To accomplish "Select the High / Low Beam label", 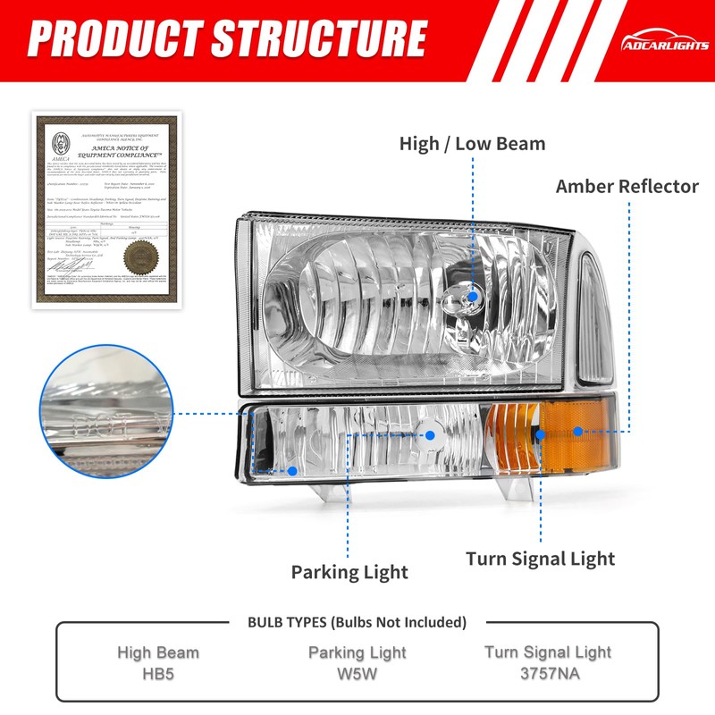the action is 472,143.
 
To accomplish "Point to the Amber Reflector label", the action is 627,186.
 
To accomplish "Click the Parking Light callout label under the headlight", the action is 349,572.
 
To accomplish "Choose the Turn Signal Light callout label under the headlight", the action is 540,559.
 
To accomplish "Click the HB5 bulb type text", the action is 158,673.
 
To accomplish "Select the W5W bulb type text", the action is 357,673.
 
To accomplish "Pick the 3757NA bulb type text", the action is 548,672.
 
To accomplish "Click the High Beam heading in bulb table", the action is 158,652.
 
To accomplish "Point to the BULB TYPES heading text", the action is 357,622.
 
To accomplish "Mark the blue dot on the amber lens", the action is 578,431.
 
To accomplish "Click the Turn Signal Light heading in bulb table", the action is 548,652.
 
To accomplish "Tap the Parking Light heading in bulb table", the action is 357,653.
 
